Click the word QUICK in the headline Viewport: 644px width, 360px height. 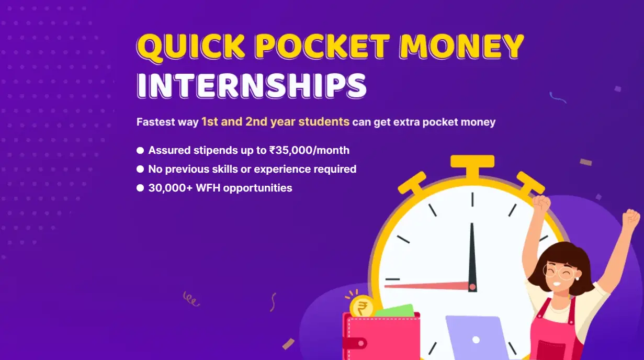click(190, 47)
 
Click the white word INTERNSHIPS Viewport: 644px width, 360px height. click(252, 85)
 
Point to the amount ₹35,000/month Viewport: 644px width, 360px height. click(309, 150)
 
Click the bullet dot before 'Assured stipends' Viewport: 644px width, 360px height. click(140, 150)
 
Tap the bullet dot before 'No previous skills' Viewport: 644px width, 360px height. click(140, 169)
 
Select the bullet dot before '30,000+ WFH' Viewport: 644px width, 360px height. click(140, 188)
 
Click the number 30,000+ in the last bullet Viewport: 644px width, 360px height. click(171, 188)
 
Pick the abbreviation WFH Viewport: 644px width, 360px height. click(208, 188)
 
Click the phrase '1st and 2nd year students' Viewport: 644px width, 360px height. click(275, 121)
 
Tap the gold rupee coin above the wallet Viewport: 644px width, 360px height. click(362, 307)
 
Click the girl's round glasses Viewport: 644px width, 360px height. click(560, 272)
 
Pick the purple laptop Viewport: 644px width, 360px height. click(476, 337)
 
